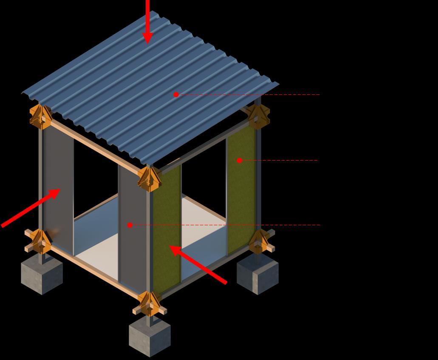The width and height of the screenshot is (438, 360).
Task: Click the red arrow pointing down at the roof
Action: [147, 21]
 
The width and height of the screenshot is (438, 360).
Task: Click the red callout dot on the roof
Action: [176, 94]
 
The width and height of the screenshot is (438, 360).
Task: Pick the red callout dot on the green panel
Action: [239, 160]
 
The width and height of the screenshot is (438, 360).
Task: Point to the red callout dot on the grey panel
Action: [130, 225]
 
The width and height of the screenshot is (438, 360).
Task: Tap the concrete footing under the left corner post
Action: [42, 276]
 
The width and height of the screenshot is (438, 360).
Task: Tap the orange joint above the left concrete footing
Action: [41, 241]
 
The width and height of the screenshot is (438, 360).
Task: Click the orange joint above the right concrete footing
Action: [260, 241]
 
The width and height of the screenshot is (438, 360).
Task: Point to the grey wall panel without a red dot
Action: [59, 187]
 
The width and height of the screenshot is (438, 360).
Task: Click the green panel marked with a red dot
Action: [241, 191]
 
